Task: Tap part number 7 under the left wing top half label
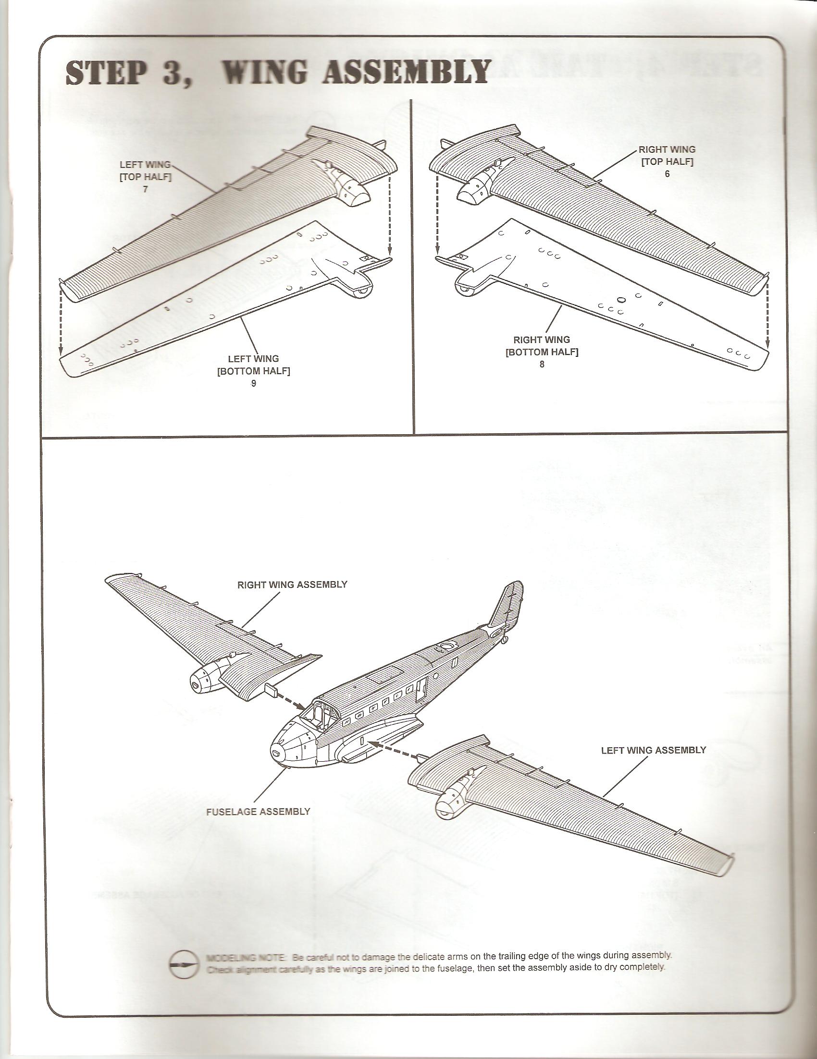pyautogui.click(x=145, y=190)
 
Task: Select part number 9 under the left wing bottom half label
pyautogui.click(x=253, y=383)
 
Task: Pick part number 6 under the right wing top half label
pyautogui.click(x=667, y=173)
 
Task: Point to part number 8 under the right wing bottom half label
pyautogui.click(x=542, y=364)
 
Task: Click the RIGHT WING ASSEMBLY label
pyautogui.click(x=292, y=585)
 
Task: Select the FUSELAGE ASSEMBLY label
pyautogui.click(x=258, y=811)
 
